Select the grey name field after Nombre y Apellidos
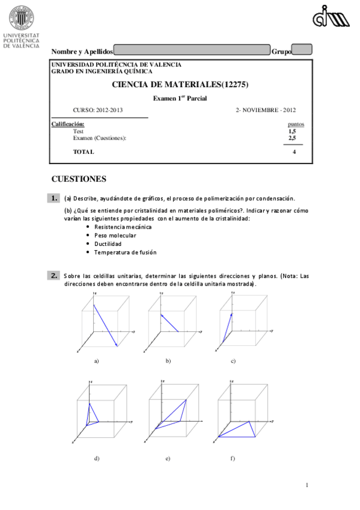pos(192,51)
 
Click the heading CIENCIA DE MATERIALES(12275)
pos(180,85)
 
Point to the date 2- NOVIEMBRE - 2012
pos(265,110)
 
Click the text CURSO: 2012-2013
pos(97,110)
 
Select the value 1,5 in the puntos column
pos(292,131)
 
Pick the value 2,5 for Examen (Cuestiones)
pos(292,138)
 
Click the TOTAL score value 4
pos(294,152)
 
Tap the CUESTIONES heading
pos(79,179)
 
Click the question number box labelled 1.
pos(54,198)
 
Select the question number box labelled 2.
pos(54,275)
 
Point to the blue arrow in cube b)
pos(169,323)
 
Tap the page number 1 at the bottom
pos(307,485)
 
